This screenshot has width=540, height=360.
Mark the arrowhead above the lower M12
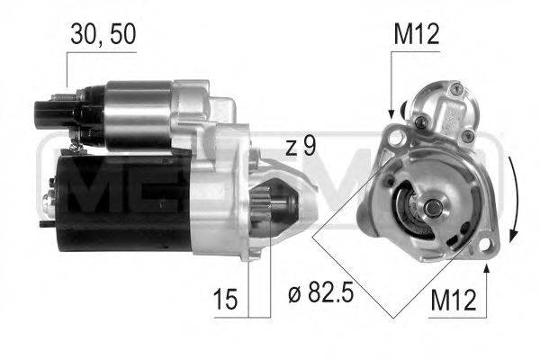tap(487, 267)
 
